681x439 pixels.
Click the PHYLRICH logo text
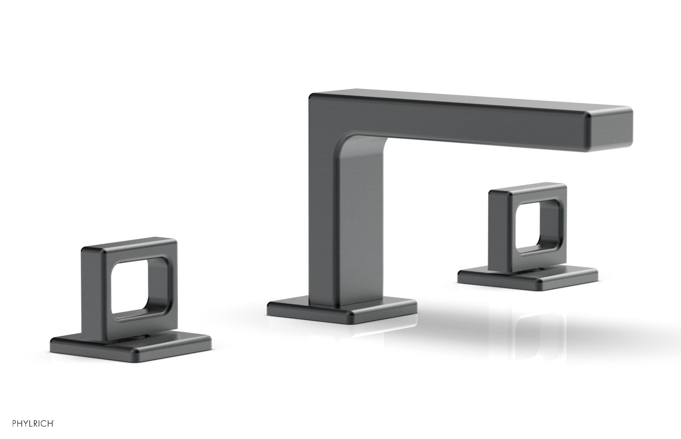[33, 423]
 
